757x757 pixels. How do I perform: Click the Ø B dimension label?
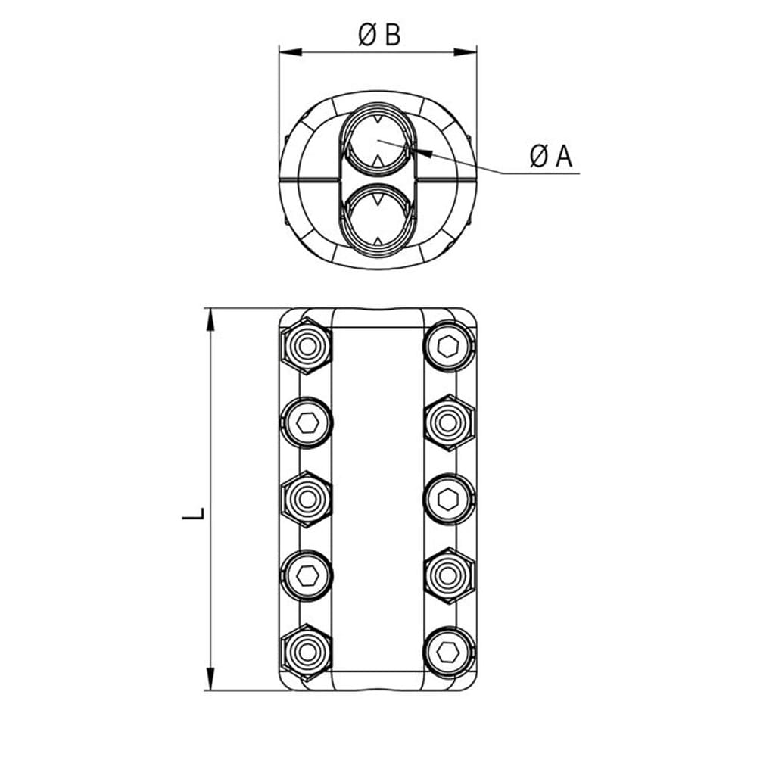click(x=378, y=34)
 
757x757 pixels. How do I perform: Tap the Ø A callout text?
click(x=551, y=157)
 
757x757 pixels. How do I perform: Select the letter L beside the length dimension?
click(x=194, y=514)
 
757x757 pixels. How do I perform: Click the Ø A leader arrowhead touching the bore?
click(x=425, y=153)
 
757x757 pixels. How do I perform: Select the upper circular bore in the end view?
click(x=378, y=141)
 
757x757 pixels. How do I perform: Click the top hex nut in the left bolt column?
click(x=307, y=347)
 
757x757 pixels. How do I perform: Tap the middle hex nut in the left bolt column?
click(x=307, y=499)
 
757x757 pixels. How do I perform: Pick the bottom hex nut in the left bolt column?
click(x=307, y=652)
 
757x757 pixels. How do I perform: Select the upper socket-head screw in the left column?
click(x=307, y=422)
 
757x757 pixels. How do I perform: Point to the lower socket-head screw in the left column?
click(x=307, y=575)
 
